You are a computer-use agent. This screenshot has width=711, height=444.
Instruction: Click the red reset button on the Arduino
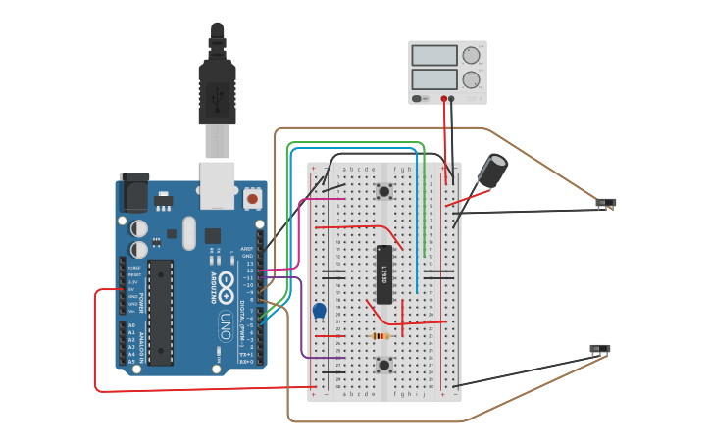pyautogui.click(x=252, y=199)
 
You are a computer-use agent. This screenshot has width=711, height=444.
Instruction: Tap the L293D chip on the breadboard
pyautogui.click(x=384, y=274)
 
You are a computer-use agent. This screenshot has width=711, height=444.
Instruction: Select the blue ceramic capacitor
pyautogui.click(x=319, y=311)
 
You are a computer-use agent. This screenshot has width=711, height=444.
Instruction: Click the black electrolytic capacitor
pyautogui.click(x=492, y=170)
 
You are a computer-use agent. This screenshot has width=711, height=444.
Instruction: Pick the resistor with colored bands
pyautogui.click(x=381, y=336)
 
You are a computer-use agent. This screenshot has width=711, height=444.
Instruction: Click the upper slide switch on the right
pyautogui.click(x=606, y=203)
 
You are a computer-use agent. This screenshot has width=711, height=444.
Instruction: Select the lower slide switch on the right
pyautogui.click(x=599, y=349)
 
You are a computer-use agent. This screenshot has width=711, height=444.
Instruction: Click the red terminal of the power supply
pyautogui.click(x=443, y=99)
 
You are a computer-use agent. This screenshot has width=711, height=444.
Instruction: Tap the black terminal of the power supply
pyautogui.click(x=452, y=99)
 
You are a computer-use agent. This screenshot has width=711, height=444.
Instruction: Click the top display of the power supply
pyautogui.click(x=434, y=56)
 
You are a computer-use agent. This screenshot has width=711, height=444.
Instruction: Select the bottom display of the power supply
pyautogui.click(x=434, y=78)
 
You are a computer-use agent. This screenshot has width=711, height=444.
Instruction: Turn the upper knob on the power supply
pyautogui.click(x=472, y=56)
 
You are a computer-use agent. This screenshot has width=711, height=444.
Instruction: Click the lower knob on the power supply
pyautogui.click(x=472, y=79)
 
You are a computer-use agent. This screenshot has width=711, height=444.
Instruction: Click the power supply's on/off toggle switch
pyautogui.click(x=419, y=98)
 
